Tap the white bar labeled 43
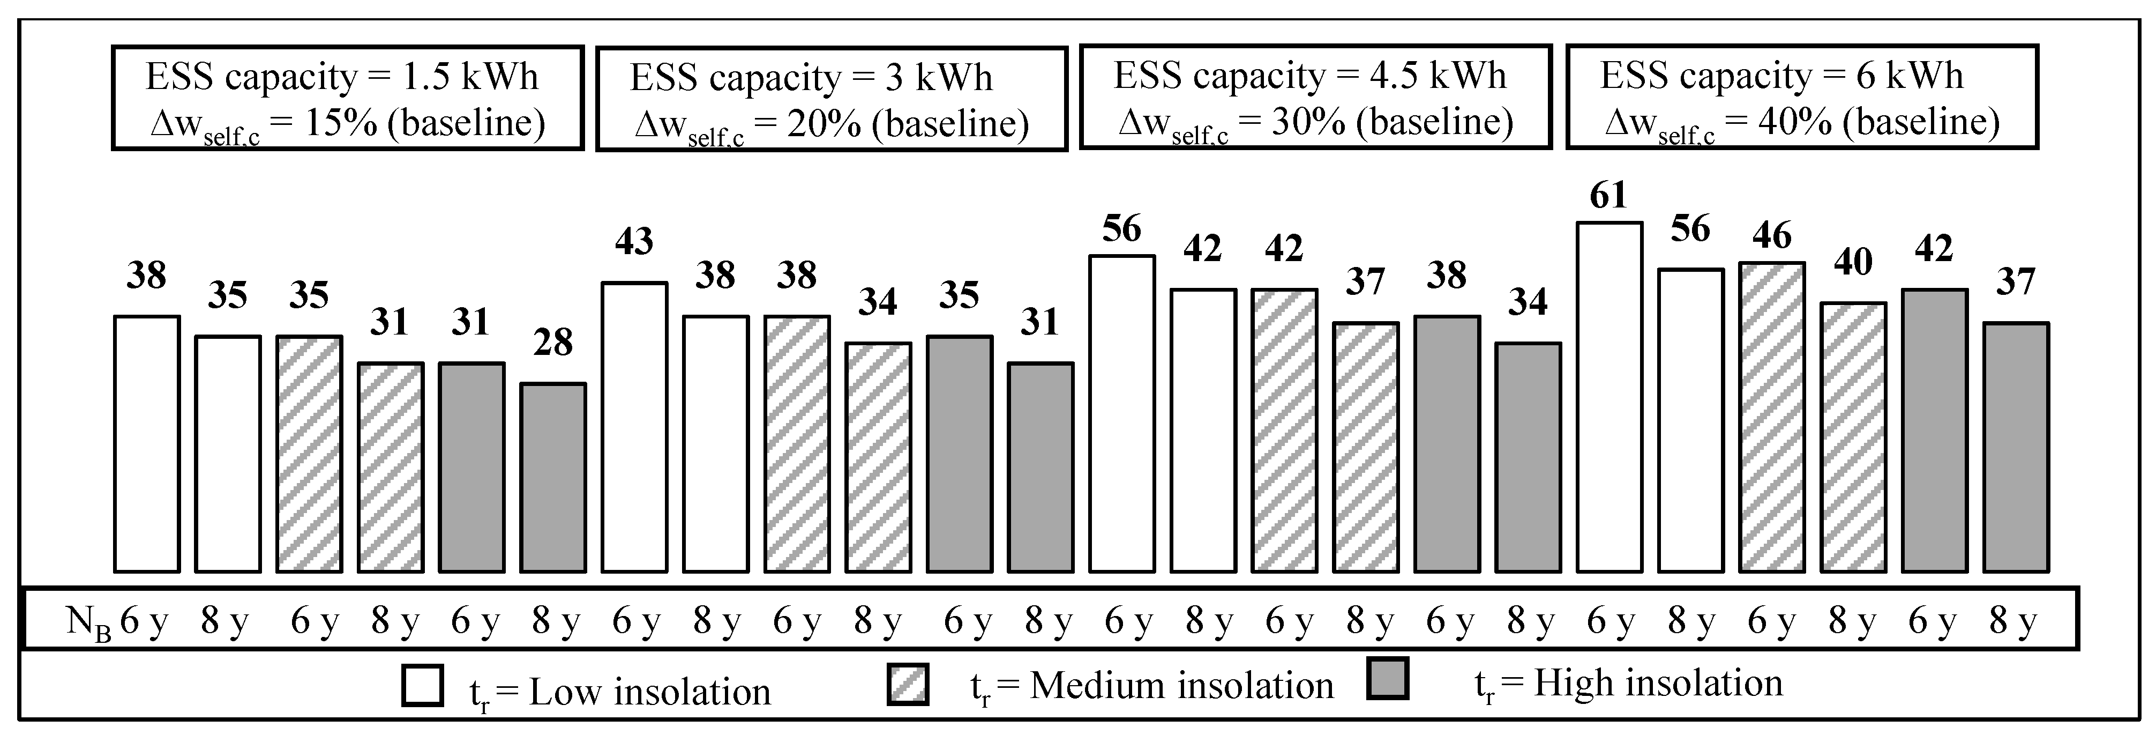pos(634,428)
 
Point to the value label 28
pos(552,343)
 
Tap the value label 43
pos(634,242)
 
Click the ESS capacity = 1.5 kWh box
pos(347,99)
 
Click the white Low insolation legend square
pos(423,686)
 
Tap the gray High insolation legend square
pos(1387,679)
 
